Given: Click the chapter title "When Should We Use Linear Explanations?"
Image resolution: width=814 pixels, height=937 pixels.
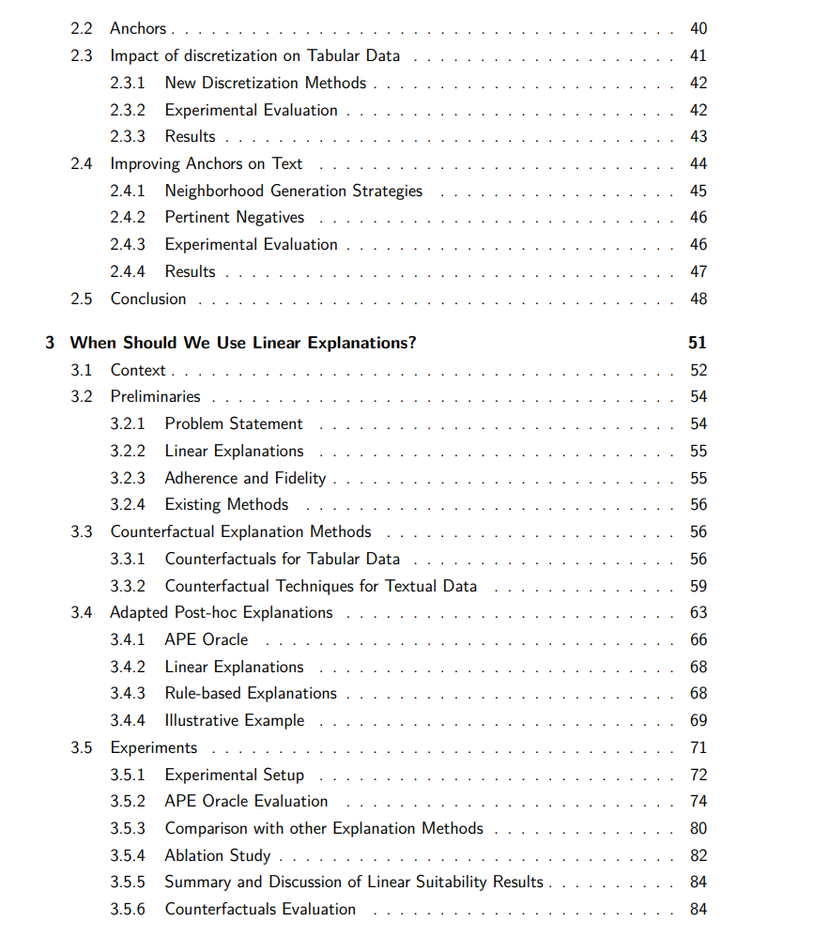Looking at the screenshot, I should (243, 343).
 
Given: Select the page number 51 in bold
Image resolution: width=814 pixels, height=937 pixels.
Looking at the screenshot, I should (697, 343).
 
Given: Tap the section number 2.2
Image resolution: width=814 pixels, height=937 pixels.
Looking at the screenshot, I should (82, 29).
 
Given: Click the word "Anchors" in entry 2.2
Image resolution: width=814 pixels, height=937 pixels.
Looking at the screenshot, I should (138, 29).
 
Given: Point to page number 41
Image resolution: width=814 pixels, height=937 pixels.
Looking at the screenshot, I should (698, 56).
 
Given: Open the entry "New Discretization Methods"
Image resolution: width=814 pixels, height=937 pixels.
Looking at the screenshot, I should (266, 83).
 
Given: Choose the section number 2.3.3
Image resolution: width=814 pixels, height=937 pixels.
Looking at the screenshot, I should (127, 137).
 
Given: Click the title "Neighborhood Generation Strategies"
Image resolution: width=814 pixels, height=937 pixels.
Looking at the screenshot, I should (294, 191).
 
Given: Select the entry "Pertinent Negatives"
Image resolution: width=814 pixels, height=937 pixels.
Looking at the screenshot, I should (235, 218).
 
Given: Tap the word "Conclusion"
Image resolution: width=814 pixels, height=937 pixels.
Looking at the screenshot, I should (148, 299).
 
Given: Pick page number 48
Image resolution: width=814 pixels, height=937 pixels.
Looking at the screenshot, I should (698, 299).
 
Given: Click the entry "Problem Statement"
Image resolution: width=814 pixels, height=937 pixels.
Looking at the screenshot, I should (234, 423).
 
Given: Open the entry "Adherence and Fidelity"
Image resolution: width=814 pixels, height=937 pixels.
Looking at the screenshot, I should (245, 478).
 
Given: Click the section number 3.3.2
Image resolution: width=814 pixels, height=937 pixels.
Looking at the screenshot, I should (127, 586).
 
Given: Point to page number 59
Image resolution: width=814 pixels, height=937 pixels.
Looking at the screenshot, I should (698, 586).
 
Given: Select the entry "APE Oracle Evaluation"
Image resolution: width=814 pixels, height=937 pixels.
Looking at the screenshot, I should (246, 801).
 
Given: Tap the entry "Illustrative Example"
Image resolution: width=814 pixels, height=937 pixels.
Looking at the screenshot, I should (235, 720).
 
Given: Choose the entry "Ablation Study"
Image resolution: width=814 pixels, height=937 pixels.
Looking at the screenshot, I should (218, 855).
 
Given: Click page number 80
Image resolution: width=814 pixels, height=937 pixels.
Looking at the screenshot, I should (698, 828).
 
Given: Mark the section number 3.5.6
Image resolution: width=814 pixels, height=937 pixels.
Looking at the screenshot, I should (127, 909).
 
